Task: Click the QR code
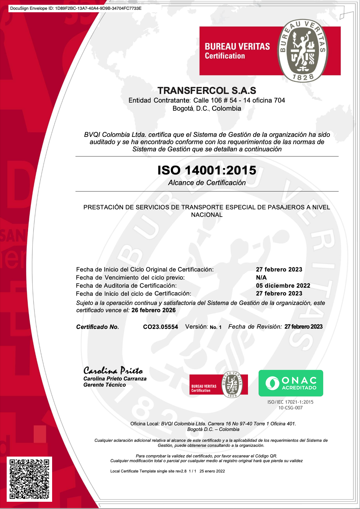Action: [x=29, y=479]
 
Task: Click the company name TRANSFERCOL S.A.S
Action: [x=207, y=91]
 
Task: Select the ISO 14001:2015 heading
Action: [x=207, y=170]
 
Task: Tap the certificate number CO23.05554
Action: [x=160, y=327]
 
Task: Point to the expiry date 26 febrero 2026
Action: [x=154, y=310]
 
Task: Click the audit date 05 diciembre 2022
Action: [x=283, y=286]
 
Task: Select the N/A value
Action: [x=261, y=278]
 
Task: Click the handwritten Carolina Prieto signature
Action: [x=113, y=370]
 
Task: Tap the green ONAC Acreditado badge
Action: [x=291, y=383]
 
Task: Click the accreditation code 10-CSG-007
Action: [x=290, y=408]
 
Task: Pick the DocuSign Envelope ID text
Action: [x=76, y=8]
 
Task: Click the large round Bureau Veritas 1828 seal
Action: [x=303, y=51]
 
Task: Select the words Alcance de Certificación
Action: [x=207, y=183]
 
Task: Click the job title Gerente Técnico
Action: [x=104, y=385]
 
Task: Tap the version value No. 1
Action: [x=216, y=327]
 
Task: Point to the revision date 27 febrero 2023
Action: [x=303, y=327]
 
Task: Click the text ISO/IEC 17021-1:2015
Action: [x=290, y=402]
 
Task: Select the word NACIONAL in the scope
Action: [x=207, y=215]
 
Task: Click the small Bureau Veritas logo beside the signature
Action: [x=218, y=384]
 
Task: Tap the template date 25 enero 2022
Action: [x=212, y=471]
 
